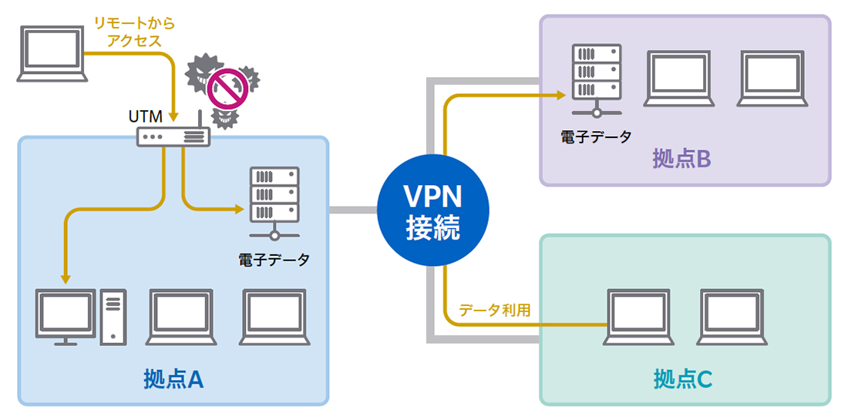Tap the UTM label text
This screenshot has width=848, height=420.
146,117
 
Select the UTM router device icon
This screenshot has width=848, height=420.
173,136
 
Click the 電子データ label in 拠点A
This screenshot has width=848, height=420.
274,260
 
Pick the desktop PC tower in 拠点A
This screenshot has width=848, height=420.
113,316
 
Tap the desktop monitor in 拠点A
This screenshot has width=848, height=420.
66,316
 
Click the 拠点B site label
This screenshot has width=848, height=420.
681,160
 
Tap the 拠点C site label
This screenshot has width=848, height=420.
682,379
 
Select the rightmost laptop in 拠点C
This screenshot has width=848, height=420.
732,316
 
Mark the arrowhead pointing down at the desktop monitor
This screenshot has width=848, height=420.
65,278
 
